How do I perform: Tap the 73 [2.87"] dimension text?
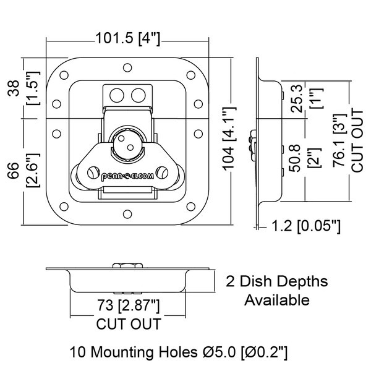128,305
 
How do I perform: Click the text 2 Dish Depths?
276,282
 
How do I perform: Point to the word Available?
276,301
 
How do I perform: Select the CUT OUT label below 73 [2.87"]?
128,323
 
